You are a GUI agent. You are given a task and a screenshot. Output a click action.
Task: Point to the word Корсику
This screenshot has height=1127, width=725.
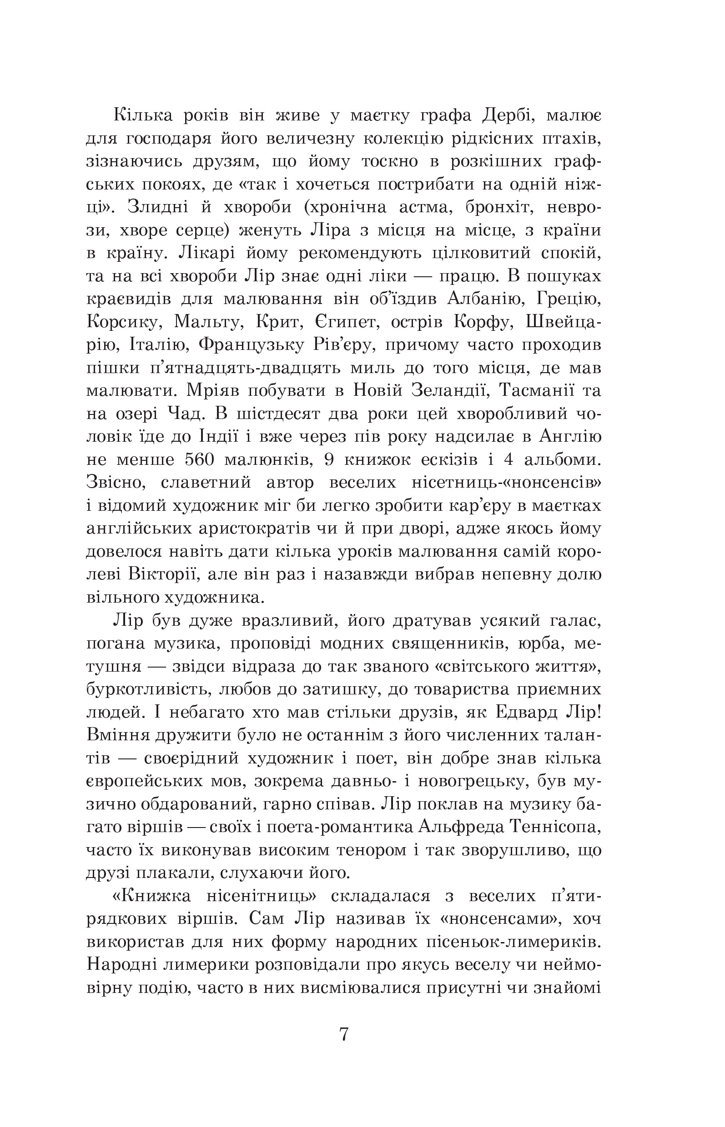[x=121, y=322]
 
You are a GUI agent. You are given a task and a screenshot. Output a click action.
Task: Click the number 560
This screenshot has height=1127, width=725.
[x=196, y=460]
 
